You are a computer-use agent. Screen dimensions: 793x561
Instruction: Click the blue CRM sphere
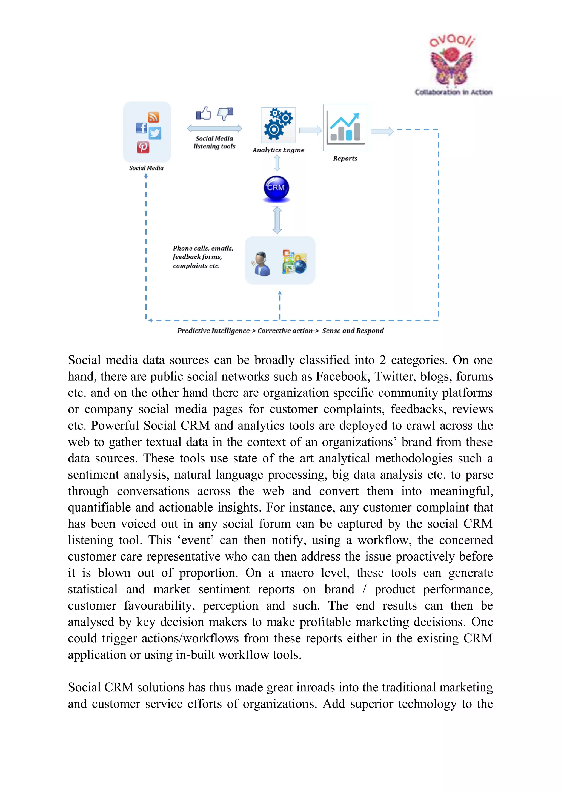(276, 188)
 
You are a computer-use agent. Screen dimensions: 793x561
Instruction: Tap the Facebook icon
(141, 128)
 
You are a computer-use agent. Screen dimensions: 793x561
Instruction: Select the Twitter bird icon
(155, 133)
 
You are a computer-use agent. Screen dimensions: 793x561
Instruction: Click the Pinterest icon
(143, 147)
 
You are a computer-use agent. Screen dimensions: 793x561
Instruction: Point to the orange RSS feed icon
(153, 117)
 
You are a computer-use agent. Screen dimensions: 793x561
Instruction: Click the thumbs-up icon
(204, 113)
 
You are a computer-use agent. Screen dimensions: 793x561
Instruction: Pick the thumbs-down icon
(225, 114)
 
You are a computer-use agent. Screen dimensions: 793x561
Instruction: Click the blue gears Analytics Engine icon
(278, 125)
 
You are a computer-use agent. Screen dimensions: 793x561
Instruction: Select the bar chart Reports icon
(345, 127)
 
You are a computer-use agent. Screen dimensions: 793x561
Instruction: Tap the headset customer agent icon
(262, 263)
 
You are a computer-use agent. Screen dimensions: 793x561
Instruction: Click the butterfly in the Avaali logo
(451, 67)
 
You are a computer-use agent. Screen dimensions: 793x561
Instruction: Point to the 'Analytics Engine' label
(278, 150)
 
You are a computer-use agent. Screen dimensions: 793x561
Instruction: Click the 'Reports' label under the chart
(345, 159)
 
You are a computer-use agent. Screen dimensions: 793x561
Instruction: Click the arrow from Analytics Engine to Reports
(310, 130)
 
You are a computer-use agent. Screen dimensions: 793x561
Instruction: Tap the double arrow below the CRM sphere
(277, 220)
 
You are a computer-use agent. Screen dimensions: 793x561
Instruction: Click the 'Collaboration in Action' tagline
(454, 92)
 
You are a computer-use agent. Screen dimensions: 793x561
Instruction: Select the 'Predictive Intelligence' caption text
(213, 331)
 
